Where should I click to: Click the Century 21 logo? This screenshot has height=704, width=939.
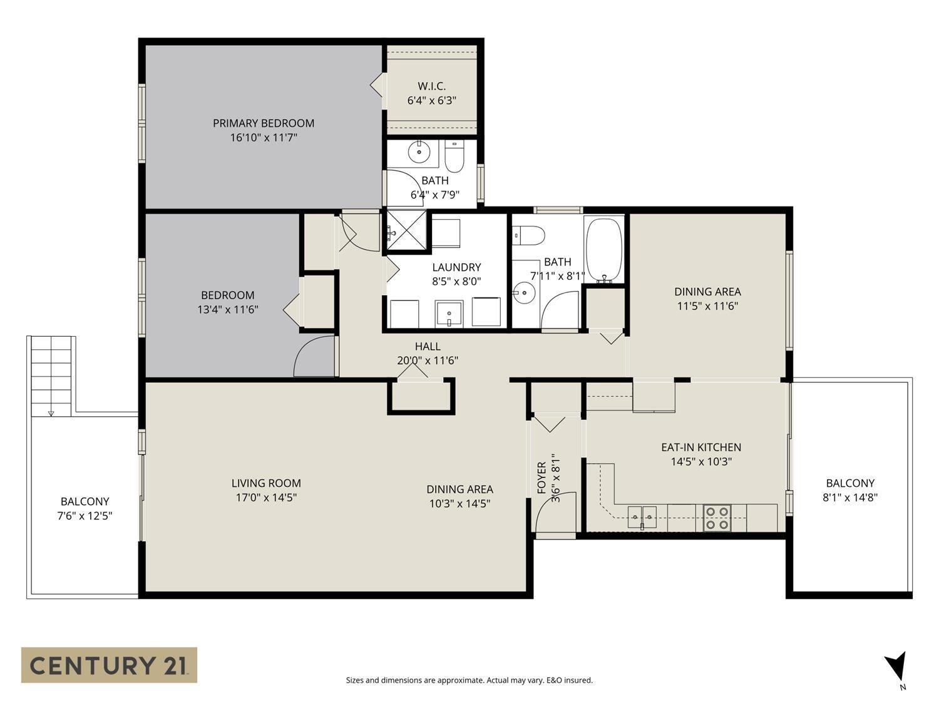click(109, 665)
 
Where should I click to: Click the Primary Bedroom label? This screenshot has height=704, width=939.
click(263, 123)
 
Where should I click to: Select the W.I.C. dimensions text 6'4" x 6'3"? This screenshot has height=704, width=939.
click(432, 100)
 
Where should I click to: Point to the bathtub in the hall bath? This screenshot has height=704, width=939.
click(603, 250)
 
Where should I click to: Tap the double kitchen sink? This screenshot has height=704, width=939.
click(642, 517)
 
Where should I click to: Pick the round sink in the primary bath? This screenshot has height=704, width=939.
click(416, 151)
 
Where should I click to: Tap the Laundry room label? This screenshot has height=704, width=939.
click(456, 267)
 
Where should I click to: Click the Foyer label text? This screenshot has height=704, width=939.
click(542, 478)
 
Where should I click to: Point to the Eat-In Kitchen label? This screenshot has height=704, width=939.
click(701, 447)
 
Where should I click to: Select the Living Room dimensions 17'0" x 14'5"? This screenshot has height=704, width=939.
click(266, 497)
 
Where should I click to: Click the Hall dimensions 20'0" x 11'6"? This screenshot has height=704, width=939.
click(428, 360)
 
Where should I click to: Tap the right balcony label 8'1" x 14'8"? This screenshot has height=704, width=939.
click(849, 497)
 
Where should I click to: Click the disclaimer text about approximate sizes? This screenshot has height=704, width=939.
click(469, 680)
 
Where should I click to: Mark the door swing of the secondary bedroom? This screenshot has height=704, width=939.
click(313, 358)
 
